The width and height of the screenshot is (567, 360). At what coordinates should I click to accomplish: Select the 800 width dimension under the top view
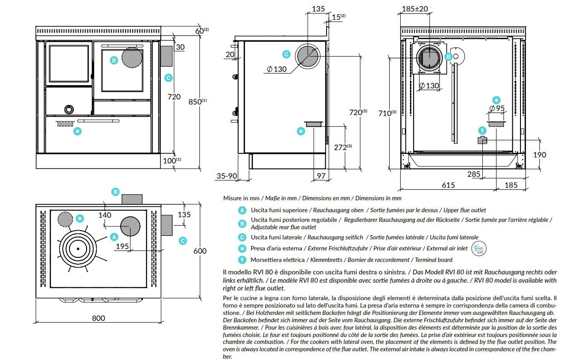(x=98, y=318)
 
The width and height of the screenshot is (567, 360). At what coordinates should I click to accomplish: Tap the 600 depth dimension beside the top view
(x=200, y=251)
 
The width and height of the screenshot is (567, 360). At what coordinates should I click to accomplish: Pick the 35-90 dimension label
(x=227, y=176)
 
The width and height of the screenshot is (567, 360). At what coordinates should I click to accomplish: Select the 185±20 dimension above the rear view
(x=415, y=8)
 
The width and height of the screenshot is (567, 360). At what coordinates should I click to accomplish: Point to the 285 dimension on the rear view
(x=473, y=174)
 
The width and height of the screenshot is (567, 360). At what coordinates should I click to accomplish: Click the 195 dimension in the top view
(x=122, y=246)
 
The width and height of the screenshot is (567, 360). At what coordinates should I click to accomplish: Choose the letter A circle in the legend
(x=242, y=210)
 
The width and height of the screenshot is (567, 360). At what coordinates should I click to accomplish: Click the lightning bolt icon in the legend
(x=242, y=260)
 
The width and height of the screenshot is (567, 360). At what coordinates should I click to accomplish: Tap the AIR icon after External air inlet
(x=479, y=249)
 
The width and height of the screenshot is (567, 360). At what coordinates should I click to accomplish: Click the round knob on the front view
(x=68, y=109)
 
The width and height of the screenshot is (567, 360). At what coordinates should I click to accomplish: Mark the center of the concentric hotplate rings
(x=78, y=249)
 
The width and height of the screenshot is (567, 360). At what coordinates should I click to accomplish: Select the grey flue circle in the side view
(x=307, y=55)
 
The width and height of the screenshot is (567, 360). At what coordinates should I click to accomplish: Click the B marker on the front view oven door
(x=114, y=60)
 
